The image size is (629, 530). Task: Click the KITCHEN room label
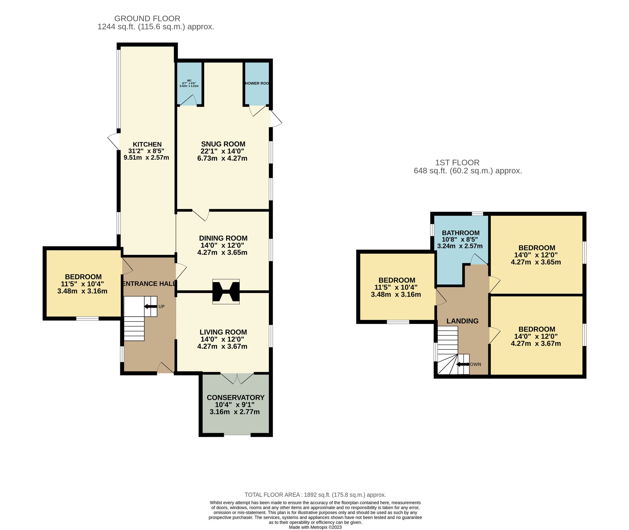[x=147, y=144]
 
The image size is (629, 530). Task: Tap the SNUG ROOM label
[x=223, y=144]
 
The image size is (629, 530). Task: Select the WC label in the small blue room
[x=189, y=80]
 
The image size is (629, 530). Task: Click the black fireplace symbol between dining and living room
[x=226, y=291]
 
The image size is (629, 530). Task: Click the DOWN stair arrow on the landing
[x=463, y=365]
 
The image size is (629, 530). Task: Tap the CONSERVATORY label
[x=235, y=397]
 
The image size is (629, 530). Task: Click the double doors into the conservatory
[x=237, y=378]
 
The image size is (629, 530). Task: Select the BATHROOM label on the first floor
[x=460, y=233]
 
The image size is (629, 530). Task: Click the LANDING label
[x=462, y=321]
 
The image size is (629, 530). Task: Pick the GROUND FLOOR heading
[x=147, y=19]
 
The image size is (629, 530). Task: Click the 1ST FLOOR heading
[x=457, y=163]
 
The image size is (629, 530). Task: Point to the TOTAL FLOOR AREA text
[x=315, y=495]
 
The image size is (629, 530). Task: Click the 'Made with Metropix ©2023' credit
[x=315, y=527]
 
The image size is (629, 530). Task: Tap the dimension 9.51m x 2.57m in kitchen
[x=146, y=158]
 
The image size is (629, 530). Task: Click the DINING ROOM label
[x=223, y=238]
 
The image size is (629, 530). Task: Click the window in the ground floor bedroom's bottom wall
[x=87, y=319]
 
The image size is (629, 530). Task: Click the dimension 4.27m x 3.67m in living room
[x=222, y=347]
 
